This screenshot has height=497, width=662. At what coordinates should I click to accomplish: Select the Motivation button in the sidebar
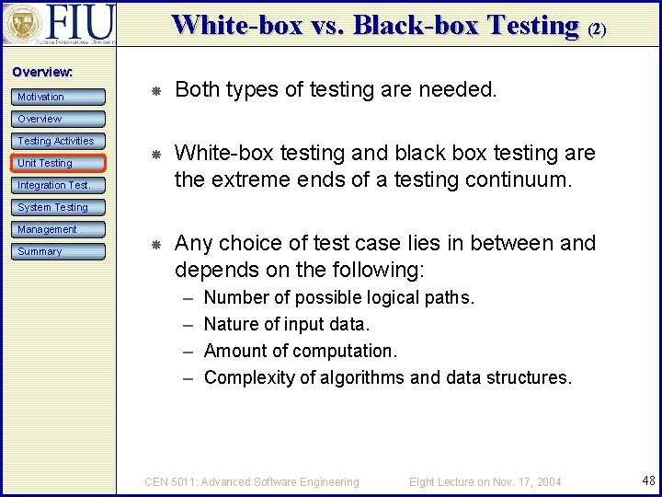tap(54, 97)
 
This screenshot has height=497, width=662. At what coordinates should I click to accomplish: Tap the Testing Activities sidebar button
tap(57, 141)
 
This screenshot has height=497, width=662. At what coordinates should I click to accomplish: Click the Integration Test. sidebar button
tap(55, 185)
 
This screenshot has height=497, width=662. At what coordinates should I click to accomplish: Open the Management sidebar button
tap(54, 229)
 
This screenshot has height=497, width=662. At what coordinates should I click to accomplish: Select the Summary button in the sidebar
tap(54, 251)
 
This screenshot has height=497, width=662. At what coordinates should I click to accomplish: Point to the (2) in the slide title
tap(597, 29)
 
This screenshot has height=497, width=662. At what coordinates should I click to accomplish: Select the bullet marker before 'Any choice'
tap(156, 245)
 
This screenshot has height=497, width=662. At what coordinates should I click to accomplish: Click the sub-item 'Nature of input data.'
tap(286, 324)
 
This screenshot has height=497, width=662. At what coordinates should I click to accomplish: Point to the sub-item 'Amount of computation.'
tap(300, 351)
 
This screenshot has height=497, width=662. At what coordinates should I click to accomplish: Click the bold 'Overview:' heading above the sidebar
tap(42, 72)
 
